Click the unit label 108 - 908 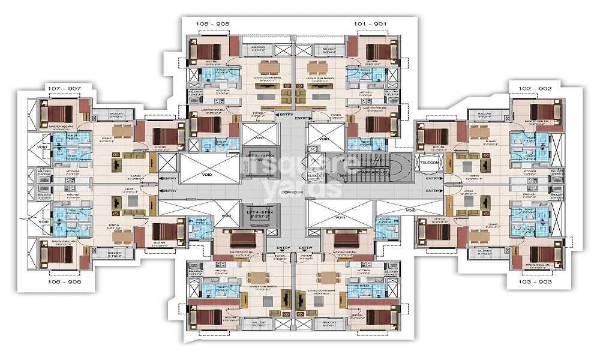(214, 25)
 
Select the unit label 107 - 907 (63, 88)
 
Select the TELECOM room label (430, 162)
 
